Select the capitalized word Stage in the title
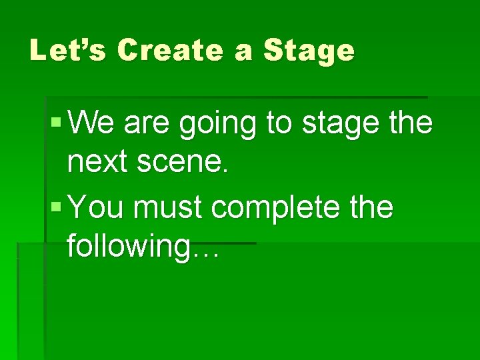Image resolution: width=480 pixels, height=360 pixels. [x=309, y=50]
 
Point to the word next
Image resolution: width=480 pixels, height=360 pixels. [x=99, y=163]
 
